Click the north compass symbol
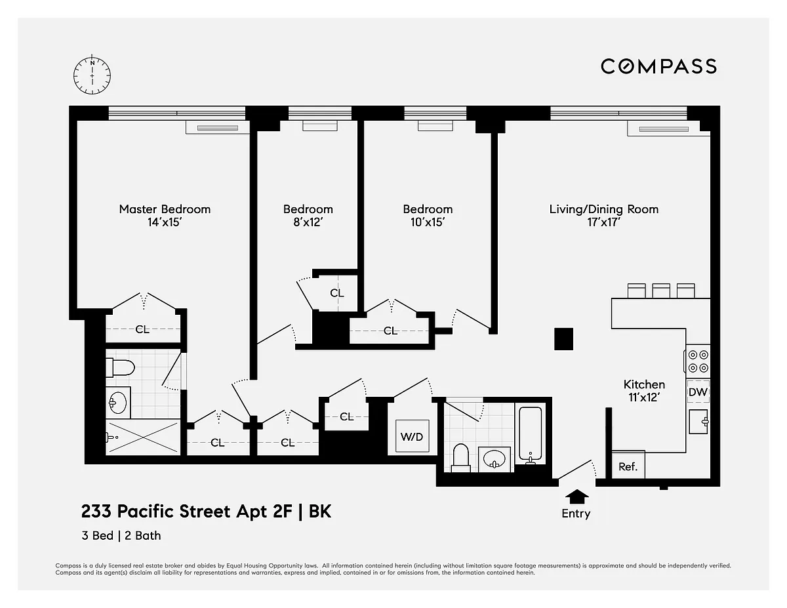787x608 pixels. [92, 75]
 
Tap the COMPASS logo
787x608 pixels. [658, 67]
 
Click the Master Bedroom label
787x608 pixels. [165, 209]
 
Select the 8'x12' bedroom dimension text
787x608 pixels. [308, 222]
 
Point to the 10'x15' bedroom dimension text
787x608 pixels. [428, 222]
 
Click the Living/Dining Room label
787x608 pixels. [604, 209]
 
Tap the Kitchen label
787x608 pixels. [644, 384]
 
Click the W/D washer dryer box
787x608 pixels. [412, 436]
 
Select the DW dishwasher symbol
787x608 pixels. [698, 392]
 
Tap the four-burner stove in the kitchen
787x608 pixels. [698, 361]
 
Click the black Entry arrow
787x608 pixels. [577, 497]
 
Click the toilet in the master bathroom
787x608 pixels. [120, 368]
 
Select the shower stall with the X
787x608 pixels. [143, 437]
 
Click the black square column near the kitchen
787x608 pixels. [563, 339]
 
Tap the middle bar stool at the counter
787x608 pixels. [661, 291]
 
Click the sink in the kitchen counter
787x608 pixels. [698, 422]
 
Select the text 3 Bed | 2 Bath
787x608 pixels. [121, 536]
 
